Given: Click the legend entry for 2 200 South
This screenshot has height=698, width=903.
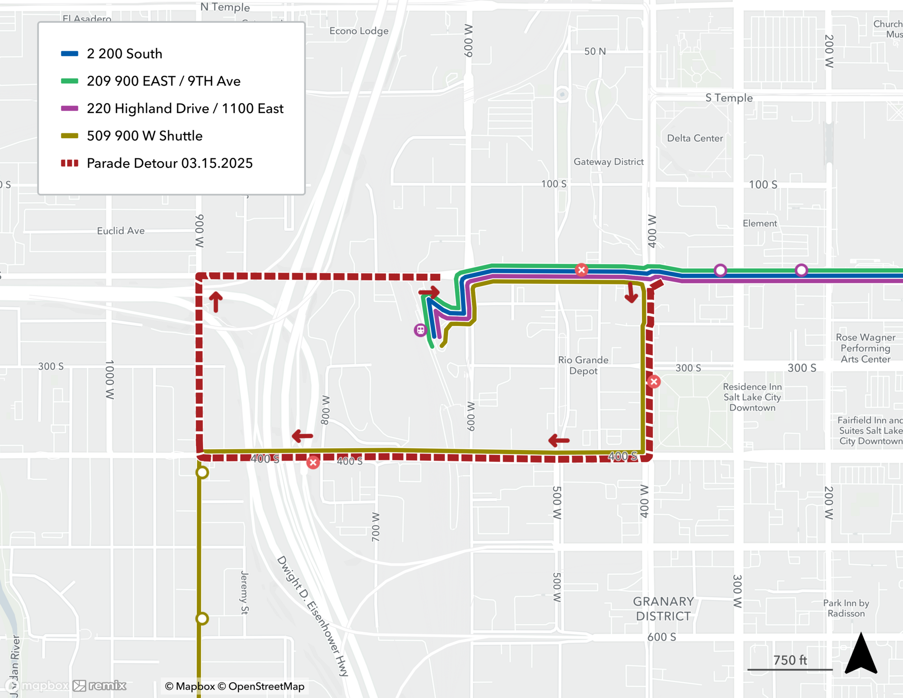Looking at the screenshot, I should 124,54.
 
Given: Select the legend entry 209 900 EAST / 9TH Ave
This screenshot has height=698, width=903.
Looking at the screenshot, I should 163,81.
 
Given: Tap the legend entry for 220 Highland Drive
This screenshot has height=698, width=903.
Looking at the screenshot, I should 185,108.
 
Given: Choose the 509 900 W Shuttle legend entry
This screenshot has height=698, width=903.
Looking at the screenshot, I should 144,136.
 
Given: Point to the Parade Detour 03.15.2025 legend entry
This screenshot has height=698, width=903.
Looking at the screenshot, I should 169,163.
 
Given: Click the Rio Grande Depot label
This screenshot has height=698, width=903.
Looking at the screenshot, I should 583,365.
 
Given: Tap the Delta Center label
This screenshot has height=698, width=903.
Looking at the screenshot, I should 695,138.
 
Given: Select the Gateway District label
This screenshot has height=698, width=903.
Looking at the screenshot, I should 608,162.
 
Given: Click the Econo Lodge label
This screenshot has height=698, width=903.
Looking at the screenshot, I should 358,31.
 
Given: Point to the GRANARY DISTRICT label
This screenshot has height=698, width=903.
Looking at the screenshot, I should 663,609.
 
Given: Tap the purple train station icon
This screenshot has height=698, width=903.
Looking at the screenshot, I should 420,330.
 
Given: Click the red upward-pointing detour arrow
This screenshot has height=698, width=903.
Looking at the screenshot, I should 216,301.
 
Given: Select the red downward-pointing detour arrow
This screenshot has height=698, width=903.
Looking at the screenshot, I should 631,293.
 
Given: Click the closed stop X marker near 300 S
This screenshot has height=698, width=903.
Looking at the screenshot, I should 654,382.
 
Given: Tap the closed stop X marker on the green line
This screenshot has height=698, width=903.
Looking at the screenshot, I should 582,270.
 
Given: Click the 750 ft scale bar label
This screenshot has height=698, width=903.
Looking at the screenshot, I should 790,660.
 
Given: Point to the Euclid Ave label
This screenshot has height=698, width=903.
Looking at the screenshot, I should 121,231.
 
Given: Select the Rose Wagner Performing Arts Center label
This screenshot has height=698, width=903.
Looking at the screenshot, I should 865,348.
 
